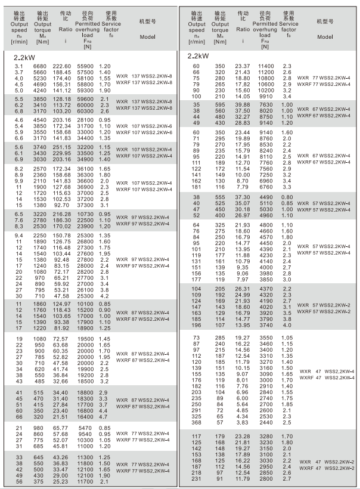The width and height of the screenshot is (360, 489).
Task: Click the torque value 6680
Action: point(39,66)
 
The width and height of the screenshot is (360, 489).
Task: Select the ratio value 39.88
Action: point(243,104)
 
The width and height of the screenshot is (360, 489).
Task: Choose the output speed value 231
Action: point(197,478)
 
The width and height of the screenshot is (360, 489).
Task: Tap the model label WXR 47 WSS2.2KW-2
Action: point(327,461)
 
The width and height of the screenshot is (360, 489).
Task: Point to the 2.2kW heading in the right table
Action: point(198,56)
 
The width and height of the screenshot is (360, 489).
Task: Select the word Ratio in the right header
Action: point(243,29)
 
